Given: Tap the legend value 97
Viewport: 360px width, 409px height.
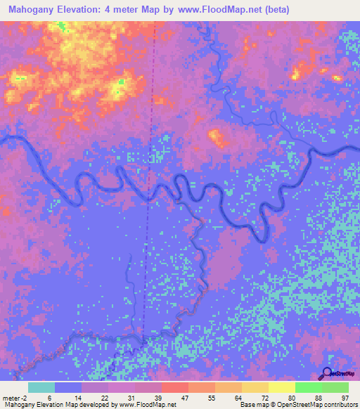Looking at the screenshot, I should pyautogui.click(x=345, y=397).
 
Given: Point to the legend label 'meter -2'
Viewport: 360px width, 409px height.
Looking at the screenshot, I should pyautogui.click(x=15, y=397).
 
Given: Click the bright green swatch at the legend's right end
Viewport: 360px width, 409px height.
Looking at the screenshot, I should pyautogui.click(x=335, y=387).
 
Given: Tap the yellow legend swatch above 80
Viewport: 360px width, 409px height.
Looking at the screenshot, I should pyautogui.click(x=281, y=387).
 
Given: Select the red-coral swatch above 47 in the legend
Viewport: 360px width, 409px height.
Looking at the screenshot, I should pyautogui.click(x=174, y=387).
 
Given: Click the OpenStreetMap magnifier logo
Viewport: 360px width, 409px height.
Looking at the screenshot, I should pyautogui.click(x=326, y=372).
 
